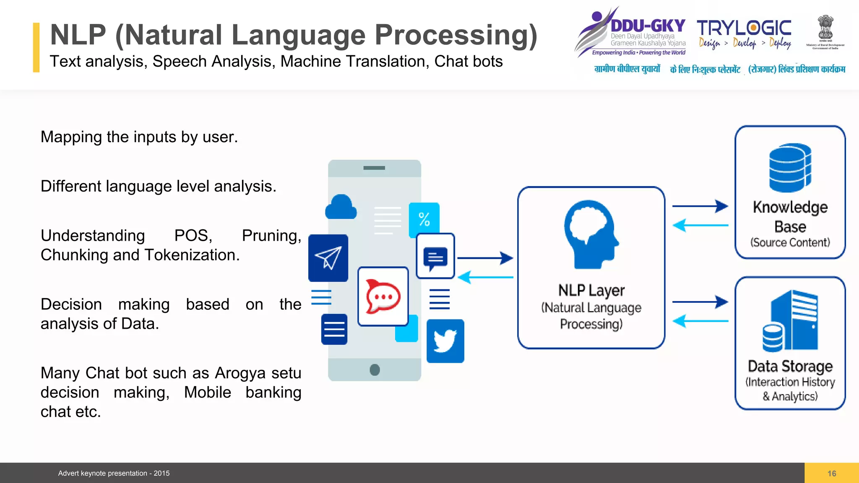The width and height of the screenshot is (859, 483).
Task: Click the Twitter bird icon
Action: pos(445,341)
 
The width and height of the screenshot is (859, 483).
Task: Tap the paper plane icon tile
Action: pos(328,258)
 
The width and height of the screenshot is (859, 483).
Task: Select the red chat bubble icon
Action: pos(383,296)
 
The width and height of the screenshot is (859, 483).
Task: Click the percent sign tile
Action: pos(424,219)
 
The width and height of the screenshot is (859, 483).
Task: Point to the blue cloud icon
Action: pos(341,207)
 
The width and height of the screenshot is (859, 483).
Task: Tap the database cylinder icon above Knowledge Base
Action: pos(790,168)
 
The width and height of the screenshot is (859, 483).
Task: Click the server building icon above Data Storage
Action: pos(791,321)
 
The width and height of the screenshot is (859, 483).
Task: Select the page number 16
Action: pos(832,473)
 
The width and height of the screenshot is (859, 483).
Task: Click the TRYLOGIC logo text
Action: pos(744,28)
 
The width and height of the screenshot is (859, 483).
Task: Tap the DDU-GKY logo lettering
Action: pos(648,26)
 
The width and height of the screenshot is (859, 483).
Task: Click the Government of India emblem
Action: pos(825,28)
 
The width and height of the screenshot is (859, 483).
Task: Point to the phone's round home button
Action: pos(375,370)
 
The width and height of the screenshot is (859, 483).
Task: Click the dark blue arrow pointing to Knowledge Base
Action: pos(700,206)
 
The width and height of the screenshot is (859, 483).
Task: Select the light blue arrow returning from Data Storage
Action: pos(700,321)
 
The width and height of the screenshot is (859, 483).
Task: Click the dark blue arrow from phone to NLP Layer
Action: pos(485,258)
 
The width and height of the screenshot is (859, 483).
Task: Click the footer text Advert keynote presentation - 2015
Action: pos(114,473)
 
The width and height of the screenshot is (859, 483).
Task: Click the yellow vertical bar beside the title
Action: pos(36,47)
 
